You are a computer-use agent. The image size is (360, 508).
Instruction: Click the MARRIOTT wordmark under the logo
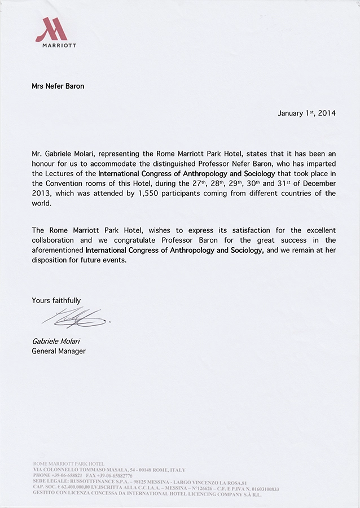[x=59, y=45]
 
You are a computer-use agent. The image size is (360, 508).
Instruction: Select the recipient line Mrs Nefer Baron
[x=58, y=86]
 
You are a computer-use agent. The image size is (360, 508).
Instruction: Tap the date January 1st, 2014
[x=306, y=113]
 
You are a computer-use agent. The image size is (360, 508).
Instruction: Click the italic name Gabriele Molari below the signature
[x=55, y=341]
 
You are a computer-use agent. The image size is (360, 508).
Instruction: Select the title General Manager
[x=59, y=351]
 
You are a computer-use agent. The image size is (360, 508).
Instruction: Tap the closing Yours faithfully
[x=56, y=301]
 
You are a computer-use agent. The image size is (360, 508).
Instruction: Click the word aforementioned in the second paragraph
[x=58, y=251]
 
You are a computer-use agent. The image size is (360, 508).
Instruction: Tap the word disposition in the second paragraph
[x=51, y=261]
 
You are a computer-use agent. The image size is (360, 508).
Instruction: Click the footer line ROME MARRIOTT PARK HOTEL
[x=69, y=463]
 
